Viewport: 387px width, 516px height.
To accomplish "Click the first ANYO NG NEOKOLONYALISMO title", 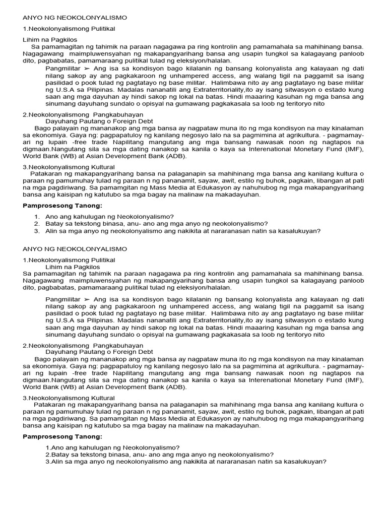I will pyautogui.click(x=75, y=18).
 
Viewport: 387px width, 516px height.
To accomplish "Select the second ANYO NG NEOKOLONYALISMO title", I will pyautogui.click(x=75, y=249).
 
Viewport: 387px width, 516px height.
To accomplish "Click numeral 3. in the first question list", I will pyautogui.click(x=37, y=231).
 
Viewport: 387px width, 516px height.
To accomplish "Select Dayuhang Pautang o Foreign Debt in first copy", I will pyautogui.click(x=99, y=121).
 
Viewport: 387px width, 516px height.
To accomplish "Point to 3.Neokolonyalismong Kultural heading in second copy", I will pyautogui.click(x=69, y=398).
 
